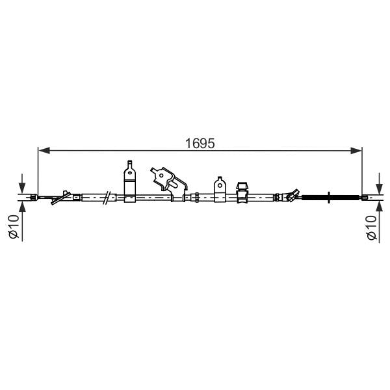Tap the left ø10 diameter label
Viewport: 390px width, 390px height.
coord(13,227)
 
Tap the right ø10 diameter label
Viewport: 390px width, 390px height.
coord(371,227)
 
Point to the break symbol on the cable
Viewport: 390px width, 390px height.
coord(107,197)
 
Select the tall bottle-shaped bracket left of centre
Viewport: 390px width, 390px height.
coord(129,181)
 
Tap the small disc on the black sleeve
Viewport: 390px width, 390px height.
coord(331,197)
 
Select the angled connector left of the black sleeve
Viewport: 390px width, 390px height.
coord(289,195)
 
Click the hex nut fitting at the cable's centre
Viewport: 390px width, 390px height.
coord(194,197)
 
